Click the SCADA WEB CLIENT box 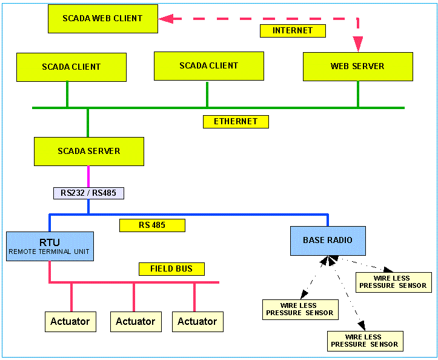(x=102, y=19)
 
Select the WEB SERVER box (x=357, y=66)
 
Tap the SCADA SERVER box (x=89, y=151)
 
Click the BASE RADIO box (x=328, y=240)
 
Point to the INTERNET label (x=293, y=30)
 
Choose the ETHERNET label (x=236, y=121)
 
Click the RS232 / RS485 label (x=89, y=193)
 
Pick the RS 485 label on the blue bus (x=152, y=225)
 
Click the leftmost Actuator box (x=70, y=321)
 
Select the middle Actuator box (x=136, y=321)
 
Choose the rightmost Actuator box (x=197, y=321)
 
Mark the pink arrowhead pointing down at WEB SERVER (x=358, y=44)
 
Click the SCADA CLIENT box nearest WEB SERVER (x=209, y=65)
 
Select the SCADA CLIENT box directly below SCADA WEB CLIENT (x=71, y=67)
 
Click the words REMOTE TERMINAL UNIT (x=50, y=251)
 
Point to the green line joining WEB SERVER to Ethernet (x=358, y=94)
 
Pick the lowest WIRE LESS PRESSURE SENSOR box (x=365, y=341)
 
